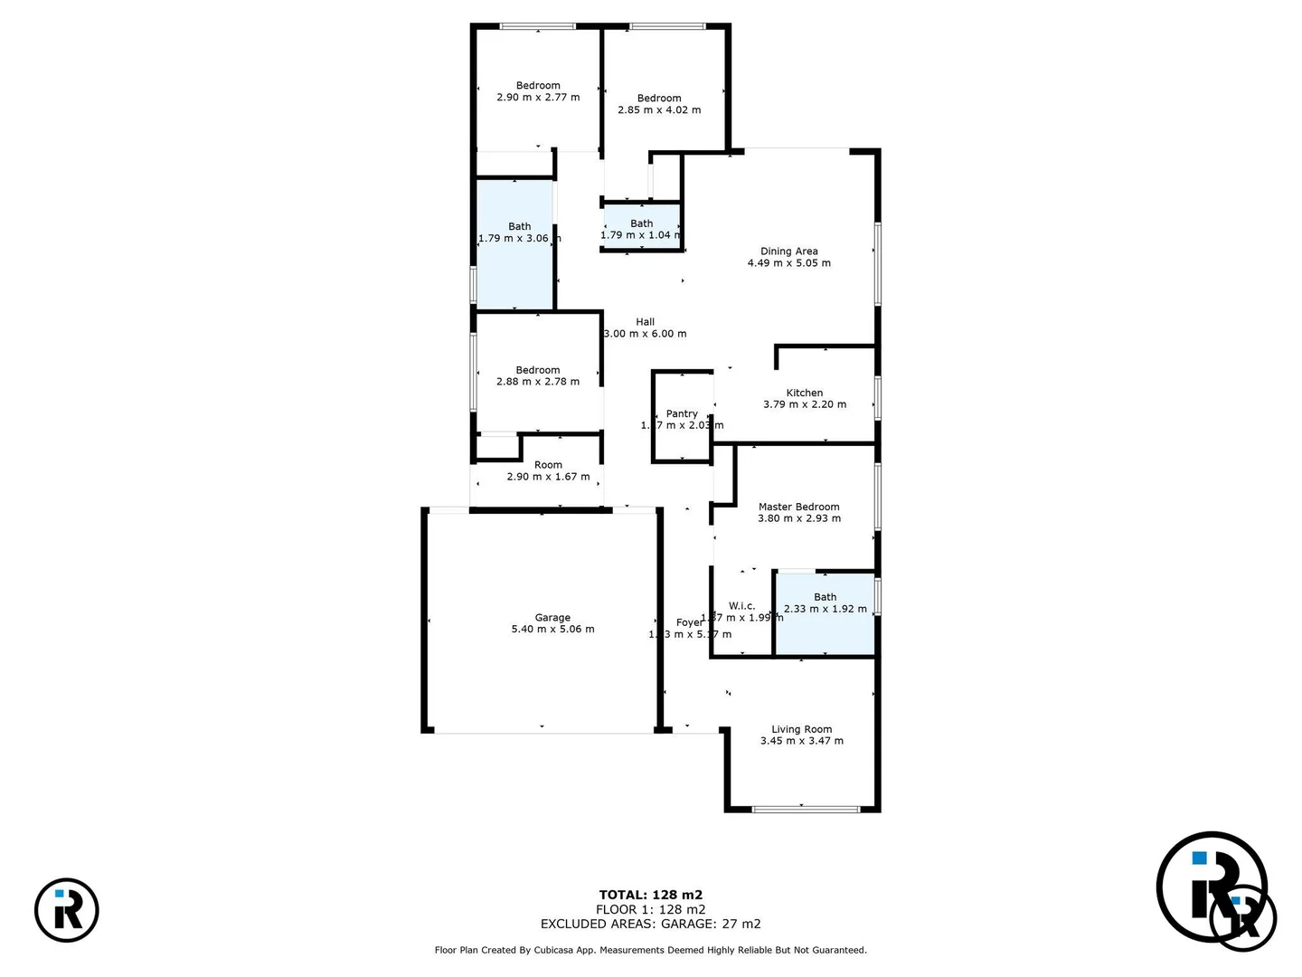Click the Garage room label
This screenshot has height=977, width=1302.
coord(552,618)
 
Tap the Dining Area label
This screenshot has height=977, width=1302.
coord(788,251)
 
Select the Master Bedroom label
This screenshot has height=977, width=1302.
coord(798,507)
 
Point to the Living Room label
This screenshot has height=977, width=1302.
coord(801,729)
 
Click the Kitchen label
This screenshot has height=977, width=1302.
coord(804,393)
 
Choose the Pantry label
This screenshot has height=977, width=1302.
coord(682,413)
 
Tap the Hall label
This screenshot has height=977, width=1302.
coord(645,321)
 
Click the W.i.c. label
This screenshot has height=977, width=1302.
coord(741,606)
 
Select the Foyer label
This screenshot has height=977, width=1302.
coord(689,622)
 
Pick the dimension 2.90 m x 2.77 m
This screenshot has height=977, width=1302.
coord(538,98)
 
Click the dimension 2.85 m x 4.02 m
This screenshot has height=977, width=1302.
coord(659,110)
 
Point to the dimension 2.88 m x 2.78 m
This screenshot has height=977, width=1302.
coord(538,382)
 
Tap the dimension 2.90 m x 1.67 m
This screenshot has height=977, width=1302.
coord(548,477)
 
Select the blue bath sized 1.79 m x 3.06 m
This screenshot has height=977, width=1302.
coord(515,262)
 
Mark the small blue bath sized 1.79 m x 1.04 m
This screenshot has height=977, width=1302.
coord(641,228)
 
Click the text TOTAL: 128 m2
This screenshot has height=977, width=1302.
coord(650,895)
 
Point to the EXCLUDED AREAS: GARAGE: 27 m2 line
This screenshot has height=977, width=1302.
coord(650,924)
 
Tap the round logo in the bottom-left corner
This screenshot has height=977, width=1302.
coord(67,909)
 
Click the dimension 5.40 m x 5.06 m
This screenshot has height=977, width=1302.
coord(552,630)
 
